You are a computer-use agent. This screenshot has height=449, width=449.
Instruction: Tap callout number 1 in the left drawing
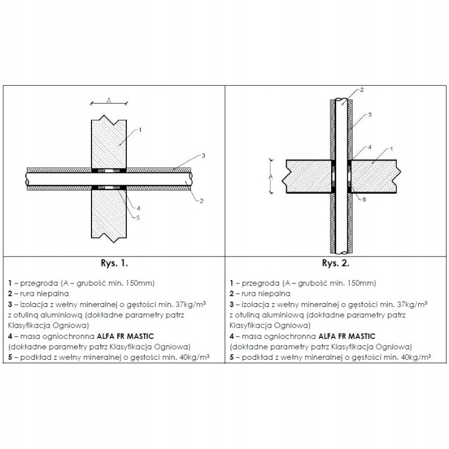point(139,130)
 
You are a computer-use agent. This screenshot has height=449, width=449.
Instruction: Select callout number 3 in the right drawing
point(370,114)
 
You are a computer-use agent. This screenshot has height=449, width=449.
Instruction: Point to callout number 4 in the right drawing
point(370,147)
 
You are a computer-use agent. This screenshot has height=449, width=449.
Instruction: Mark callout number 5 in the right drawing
point(364,199)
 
